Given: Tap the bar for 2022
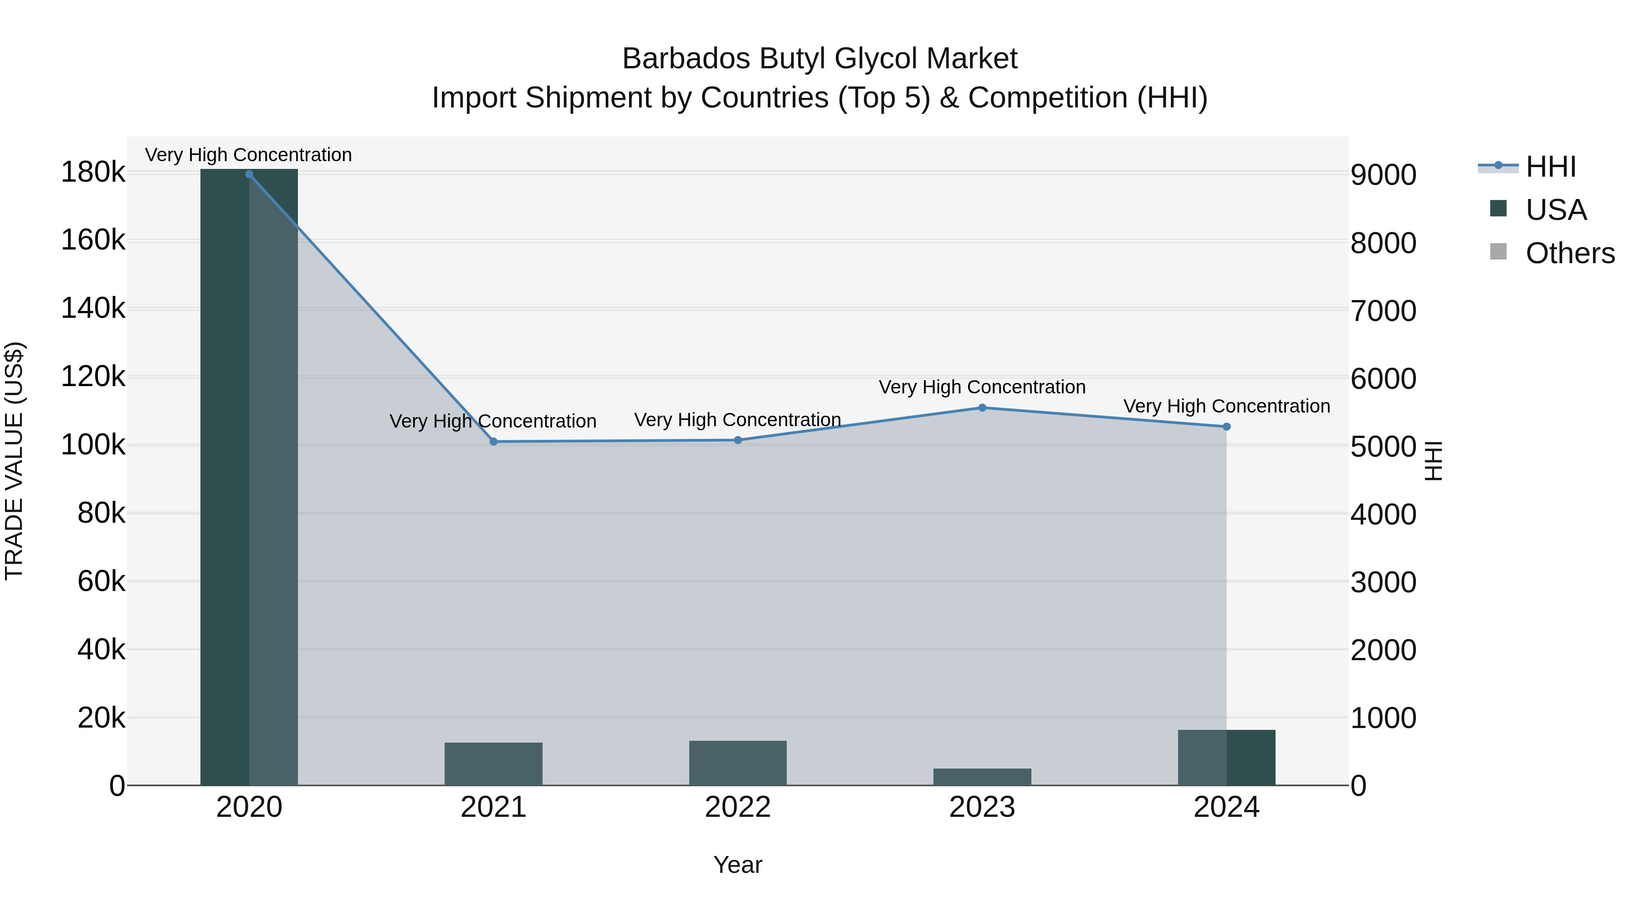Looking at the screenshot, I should coord(738,763).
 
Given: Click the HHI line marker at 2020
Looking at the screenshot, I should coord(249,174).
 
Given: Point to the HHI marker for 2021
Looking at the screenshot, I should coord(493,442).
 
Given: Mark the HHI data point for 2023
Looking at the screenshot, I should coord(982,408).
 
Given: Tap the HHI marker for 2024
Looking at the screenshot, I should coord(1227,427).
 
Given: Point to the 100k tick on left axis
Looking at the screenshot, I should coord(93,445).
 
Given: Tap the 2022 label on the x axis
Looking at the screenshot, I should coord(738,807).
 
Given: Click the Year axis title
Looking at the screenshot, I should coord(738,865).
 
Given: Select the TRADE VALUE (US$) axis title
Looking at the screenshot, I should coord(14,461).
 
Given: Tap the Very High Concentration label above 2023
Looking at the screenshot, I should coord(982,387).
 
